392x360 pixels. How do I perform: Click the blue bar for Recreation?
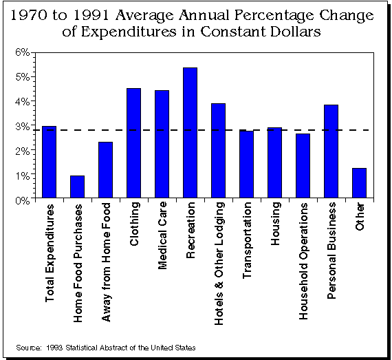pos(190,133)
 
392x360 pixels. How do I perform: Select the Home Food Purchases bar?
pos(77,187)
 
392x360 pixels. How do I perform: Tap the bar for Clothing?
pos(133,143)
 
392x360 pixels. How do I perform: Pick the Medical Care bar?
pos(162,144)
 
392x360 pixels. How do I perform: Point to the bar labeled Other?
pos(359,183)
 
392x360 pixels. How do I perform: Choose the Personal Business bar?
pos(331,151)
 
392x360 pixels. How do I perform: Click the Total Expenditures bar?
pos(50,162)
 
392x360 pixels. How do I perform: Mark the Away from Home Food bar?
pos(105,170)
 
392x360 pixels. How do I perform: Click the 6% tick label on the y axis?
pos(23,52)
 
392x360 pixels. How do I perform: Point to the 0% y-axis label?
pos(23,200)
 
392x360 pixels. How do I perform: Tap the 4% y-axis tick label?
pos(23,102)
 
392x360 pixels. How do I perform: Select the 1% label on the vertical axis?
pos(23,176)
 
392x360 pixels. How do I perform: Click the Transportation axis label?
pos(247,240)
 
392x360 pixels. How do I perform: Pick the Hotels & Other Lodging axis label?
pos(219,264)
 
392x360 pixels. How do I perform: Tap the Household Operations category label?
pos(303,261)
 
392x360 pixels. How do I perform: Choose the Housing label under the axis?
pos(276,224)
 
